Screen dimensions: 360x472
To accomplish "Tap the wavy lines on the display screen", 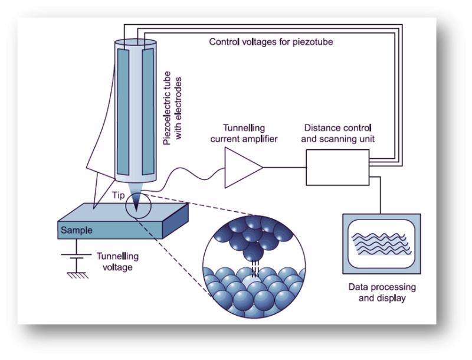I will [x=381, y=243].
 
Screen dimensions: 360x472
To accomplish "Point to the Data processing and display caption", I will [x=381, y=292].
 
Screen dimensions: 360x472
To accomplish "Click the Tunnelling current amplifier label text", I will [x=244, y=132].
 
